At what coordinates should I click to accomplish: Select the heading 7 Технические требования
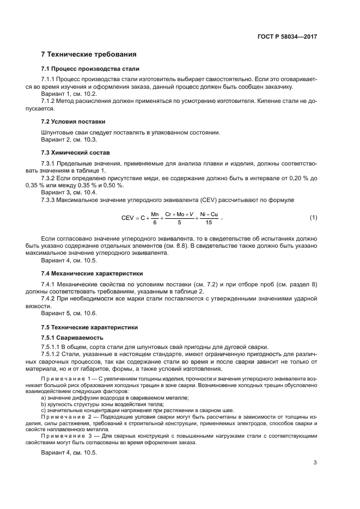point(89,54)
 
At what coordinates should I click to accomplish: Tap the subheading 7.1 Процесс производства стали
point(90,69)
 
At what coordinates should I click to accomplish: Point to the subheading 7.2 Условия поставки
point(74,121)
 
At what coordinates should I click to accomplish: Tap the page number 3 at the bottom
point(315,462)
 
